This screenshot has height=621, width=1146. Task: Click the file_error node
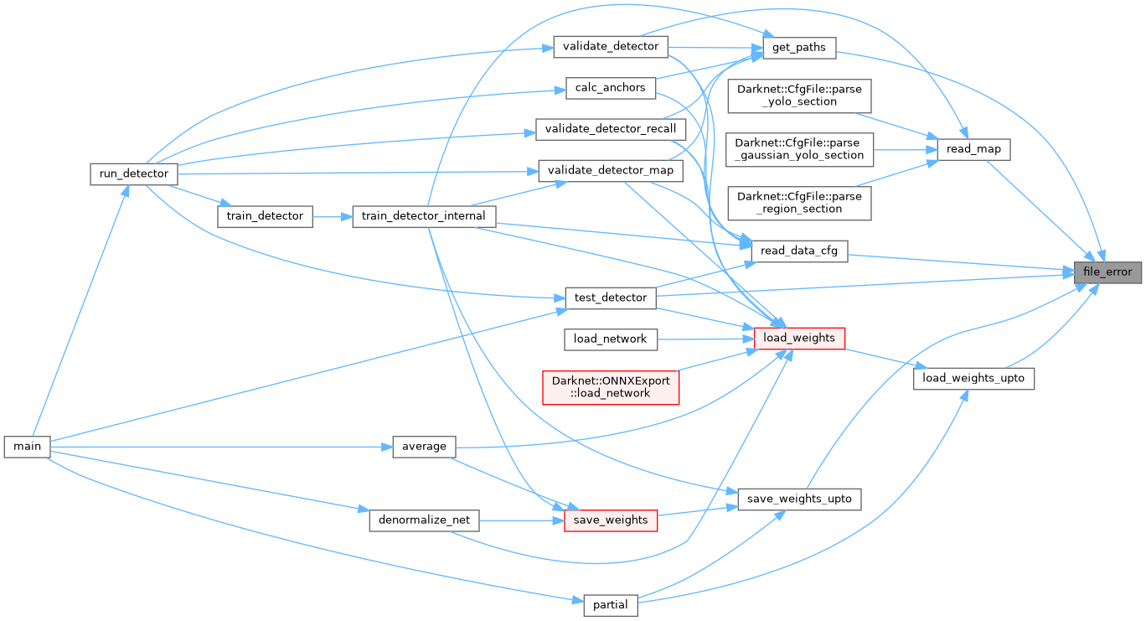point(1107,272)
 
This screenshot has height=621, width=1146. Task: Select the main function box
point(27,446)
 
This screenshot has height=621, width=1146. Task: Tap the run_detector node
point(133,173)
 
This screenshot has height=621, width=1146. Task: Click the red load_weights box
point(799,338)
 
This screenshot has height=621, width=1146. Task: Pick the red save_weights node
point(610,520)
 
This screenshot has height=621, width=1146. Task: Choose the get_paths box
point(799,48)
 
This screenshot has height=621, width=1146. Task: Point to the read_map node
point(973,150)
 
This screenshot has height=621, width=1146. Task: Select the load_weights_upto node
point(973,378)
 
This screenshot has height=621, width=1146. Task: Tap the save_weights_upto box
point(799,499)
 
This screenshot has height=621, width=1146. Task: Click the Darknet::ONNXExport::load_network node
point(611,386)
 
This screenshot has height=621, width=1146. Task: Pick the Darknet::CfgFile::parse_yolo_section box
point(799,95)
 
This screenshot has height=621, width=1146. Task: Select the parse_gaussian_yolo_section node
point(799,149)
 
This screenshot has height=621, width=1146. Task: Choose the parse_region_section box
point(799,203)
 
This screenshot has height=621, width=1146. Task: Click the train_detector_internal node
point(424,215)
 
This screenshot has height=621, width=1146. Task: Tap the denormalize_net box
point(424,520)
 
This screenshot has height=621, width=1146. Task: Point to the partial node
point(611,605)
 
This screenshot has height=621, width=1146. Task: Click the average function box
point(424,446)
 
